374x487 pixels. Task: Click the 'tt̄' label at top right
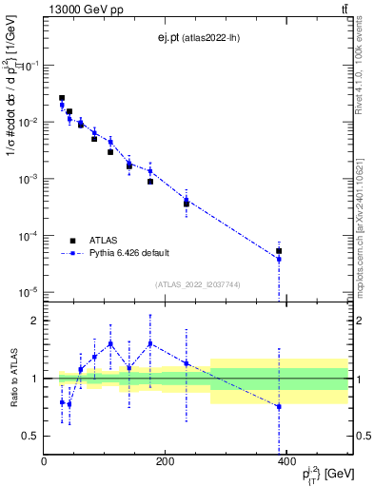[x=343, y=10]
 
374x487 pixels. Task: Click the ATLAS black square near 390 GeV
[x=279, y=251]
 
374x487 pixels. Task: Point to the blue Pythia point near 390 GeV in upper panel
[x=279, y=259]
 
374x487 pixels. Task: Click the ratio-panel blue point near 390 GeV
[x=279, y=406]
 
